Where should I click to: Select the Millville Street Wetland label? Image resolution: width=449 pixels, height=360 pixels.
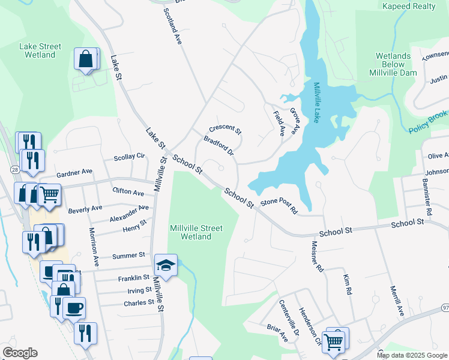(196, 232)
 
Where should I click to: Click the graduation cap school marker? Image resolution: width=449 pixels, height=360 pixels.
(166, 264)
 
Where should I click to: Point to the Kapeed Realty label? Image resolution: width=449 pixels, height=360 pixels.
(409, 6)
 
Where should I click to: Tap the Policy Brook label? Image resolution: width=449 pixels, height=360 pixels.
(429, 122)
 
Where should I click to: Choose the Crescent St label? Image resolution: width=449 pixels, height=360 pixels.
(224, 130)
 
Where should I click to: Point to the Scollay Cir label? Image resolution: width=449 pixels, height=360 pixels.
(130, 157)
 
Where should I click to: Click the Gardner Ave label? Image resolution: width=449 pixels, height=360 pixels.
(74, 173)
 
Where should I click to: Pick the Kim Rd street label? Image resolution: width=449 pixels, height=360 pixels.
(347, 284)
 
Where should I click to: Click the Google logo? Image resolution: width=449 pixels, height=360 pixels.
(20, 353)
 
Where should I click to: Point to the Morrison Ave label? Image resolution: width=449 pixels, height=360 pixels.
(94, 247)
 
